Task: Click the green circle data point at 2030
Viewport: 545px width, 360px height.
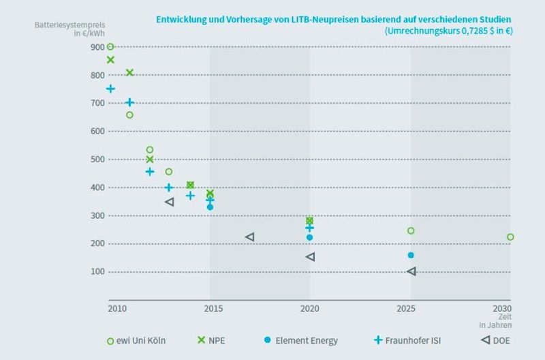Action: (510, 237)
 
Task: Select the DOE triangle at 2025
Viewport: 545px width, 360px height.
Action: (411, 271)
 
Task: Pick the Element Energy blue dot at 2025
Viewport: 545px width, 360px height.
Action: (411, 255)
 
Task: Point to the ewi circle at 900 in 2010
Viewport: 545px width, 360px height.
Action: (110, 46)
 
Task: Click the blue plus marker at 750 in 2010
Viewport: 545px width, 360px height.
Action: (110, 89)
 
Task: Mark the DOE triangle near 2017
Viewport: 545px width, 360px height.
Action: (250, 237)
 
